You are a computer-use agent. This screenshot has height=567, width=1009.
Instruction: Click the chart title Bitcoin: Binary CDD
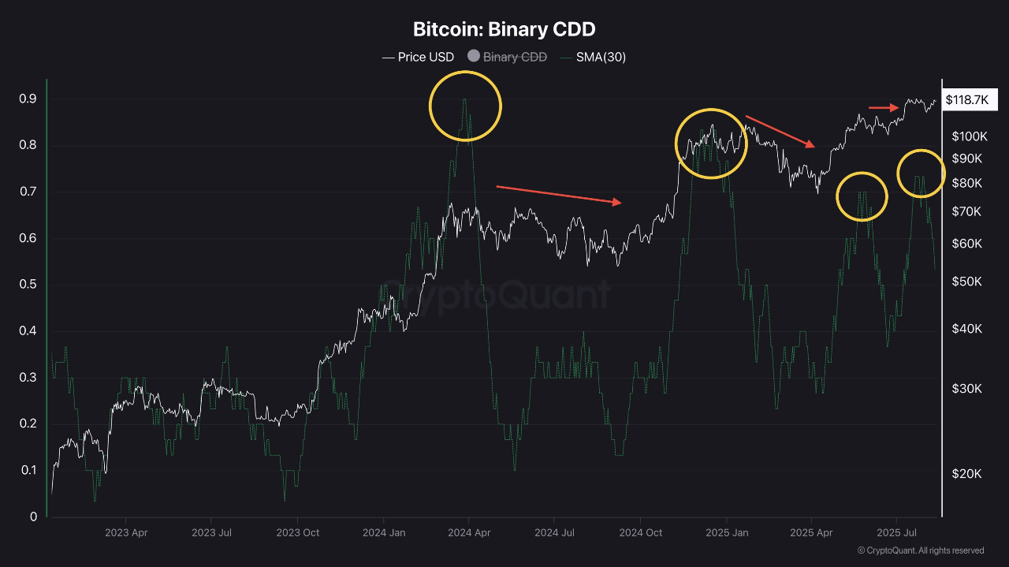pos(504,30)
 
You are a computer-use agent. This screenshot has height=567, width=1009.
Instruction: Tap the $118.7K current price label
pos(970,100)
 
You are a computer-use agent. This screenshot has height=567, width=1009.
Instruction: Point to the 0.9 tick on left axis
pos(28,99)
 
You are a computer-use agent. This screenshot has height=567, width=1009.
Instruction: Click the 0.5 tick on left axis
pos(28,285)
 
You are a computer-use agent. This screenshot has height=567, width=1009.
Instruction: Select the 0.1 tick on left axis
pos(28,470)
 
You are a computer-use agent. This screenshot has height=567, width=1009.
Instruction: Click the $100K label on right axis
pos(970,136)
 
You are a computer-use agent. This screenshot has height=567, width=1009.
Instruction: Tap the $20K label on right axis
pos(966,474)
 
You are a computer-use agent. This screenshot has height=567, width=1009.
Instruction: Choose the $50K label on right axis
pos(966,282)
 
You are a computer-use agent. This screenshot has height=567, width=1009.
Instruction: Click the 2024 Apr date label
pos(469,533)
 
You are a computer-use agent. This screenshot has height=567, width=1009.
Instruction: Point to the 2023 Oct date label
pos(298,533)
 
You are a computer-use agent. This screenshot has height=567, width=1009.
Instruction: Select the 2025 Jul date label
pos(897,533)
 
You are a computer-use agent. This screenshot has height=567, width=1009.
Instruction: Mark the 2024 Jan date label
pos(384,533)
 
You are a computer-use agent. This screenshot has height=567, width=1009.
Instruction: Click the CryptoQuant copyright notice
pos(921,550)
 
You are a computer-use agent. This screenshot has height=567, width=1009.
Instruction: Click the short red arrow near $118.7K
pos(883,107)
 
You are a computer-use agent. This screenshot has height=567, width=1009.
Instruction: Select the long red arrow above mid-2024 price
pos(558,195)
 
